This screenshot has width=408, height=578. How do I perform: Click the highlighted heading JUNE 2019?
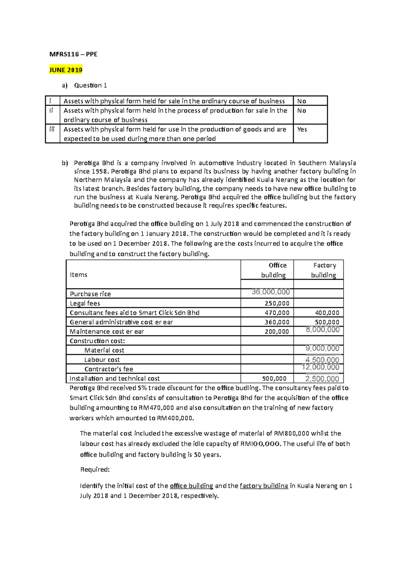click(66, 70)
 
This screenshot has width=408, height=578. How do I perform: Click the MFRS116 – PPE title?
click(73, 54)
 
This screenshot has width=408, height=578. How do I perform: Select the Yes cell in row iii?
click(302, 129)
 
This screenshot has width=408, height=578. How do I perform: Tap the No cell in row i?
click(302, 101)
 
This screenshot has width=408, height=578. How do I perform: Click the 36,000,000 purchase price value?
click(271, 292)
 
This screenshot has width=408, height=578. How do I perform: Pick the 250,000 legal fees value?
click(277, 303)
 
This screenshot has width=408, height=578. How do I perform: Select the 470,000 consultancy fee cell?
click(277, 313)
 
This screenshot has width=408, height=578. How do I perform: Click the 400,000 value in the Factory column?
click(327, 313)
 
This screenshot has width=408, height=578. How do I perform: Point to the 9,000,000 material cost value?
click(322, 348)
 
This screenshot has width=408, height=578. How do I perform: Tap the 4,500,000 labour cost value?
click(322, 360)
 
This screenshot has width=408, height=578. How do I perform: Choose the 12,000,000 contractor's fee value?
click(320, 367)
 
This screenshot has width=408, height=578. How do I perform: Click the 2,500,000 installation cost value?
click(322, 379)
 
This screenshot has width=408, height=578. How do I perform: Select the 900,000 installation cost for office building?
click(274, 379)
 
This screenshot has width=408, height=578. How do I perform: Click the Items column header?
click(79, 275)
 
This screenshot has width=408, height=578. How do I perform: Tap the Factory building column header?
click(324, 270)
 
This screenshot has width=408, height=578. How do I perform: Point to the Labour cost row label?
click(102, 360)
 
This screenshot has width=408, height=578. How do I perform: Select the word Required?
click(95, 470)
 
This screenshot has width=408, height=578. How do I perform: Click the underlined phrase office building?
click(191, 486)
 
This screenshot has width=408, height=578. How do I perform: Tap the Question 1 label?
click(90, 85)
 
